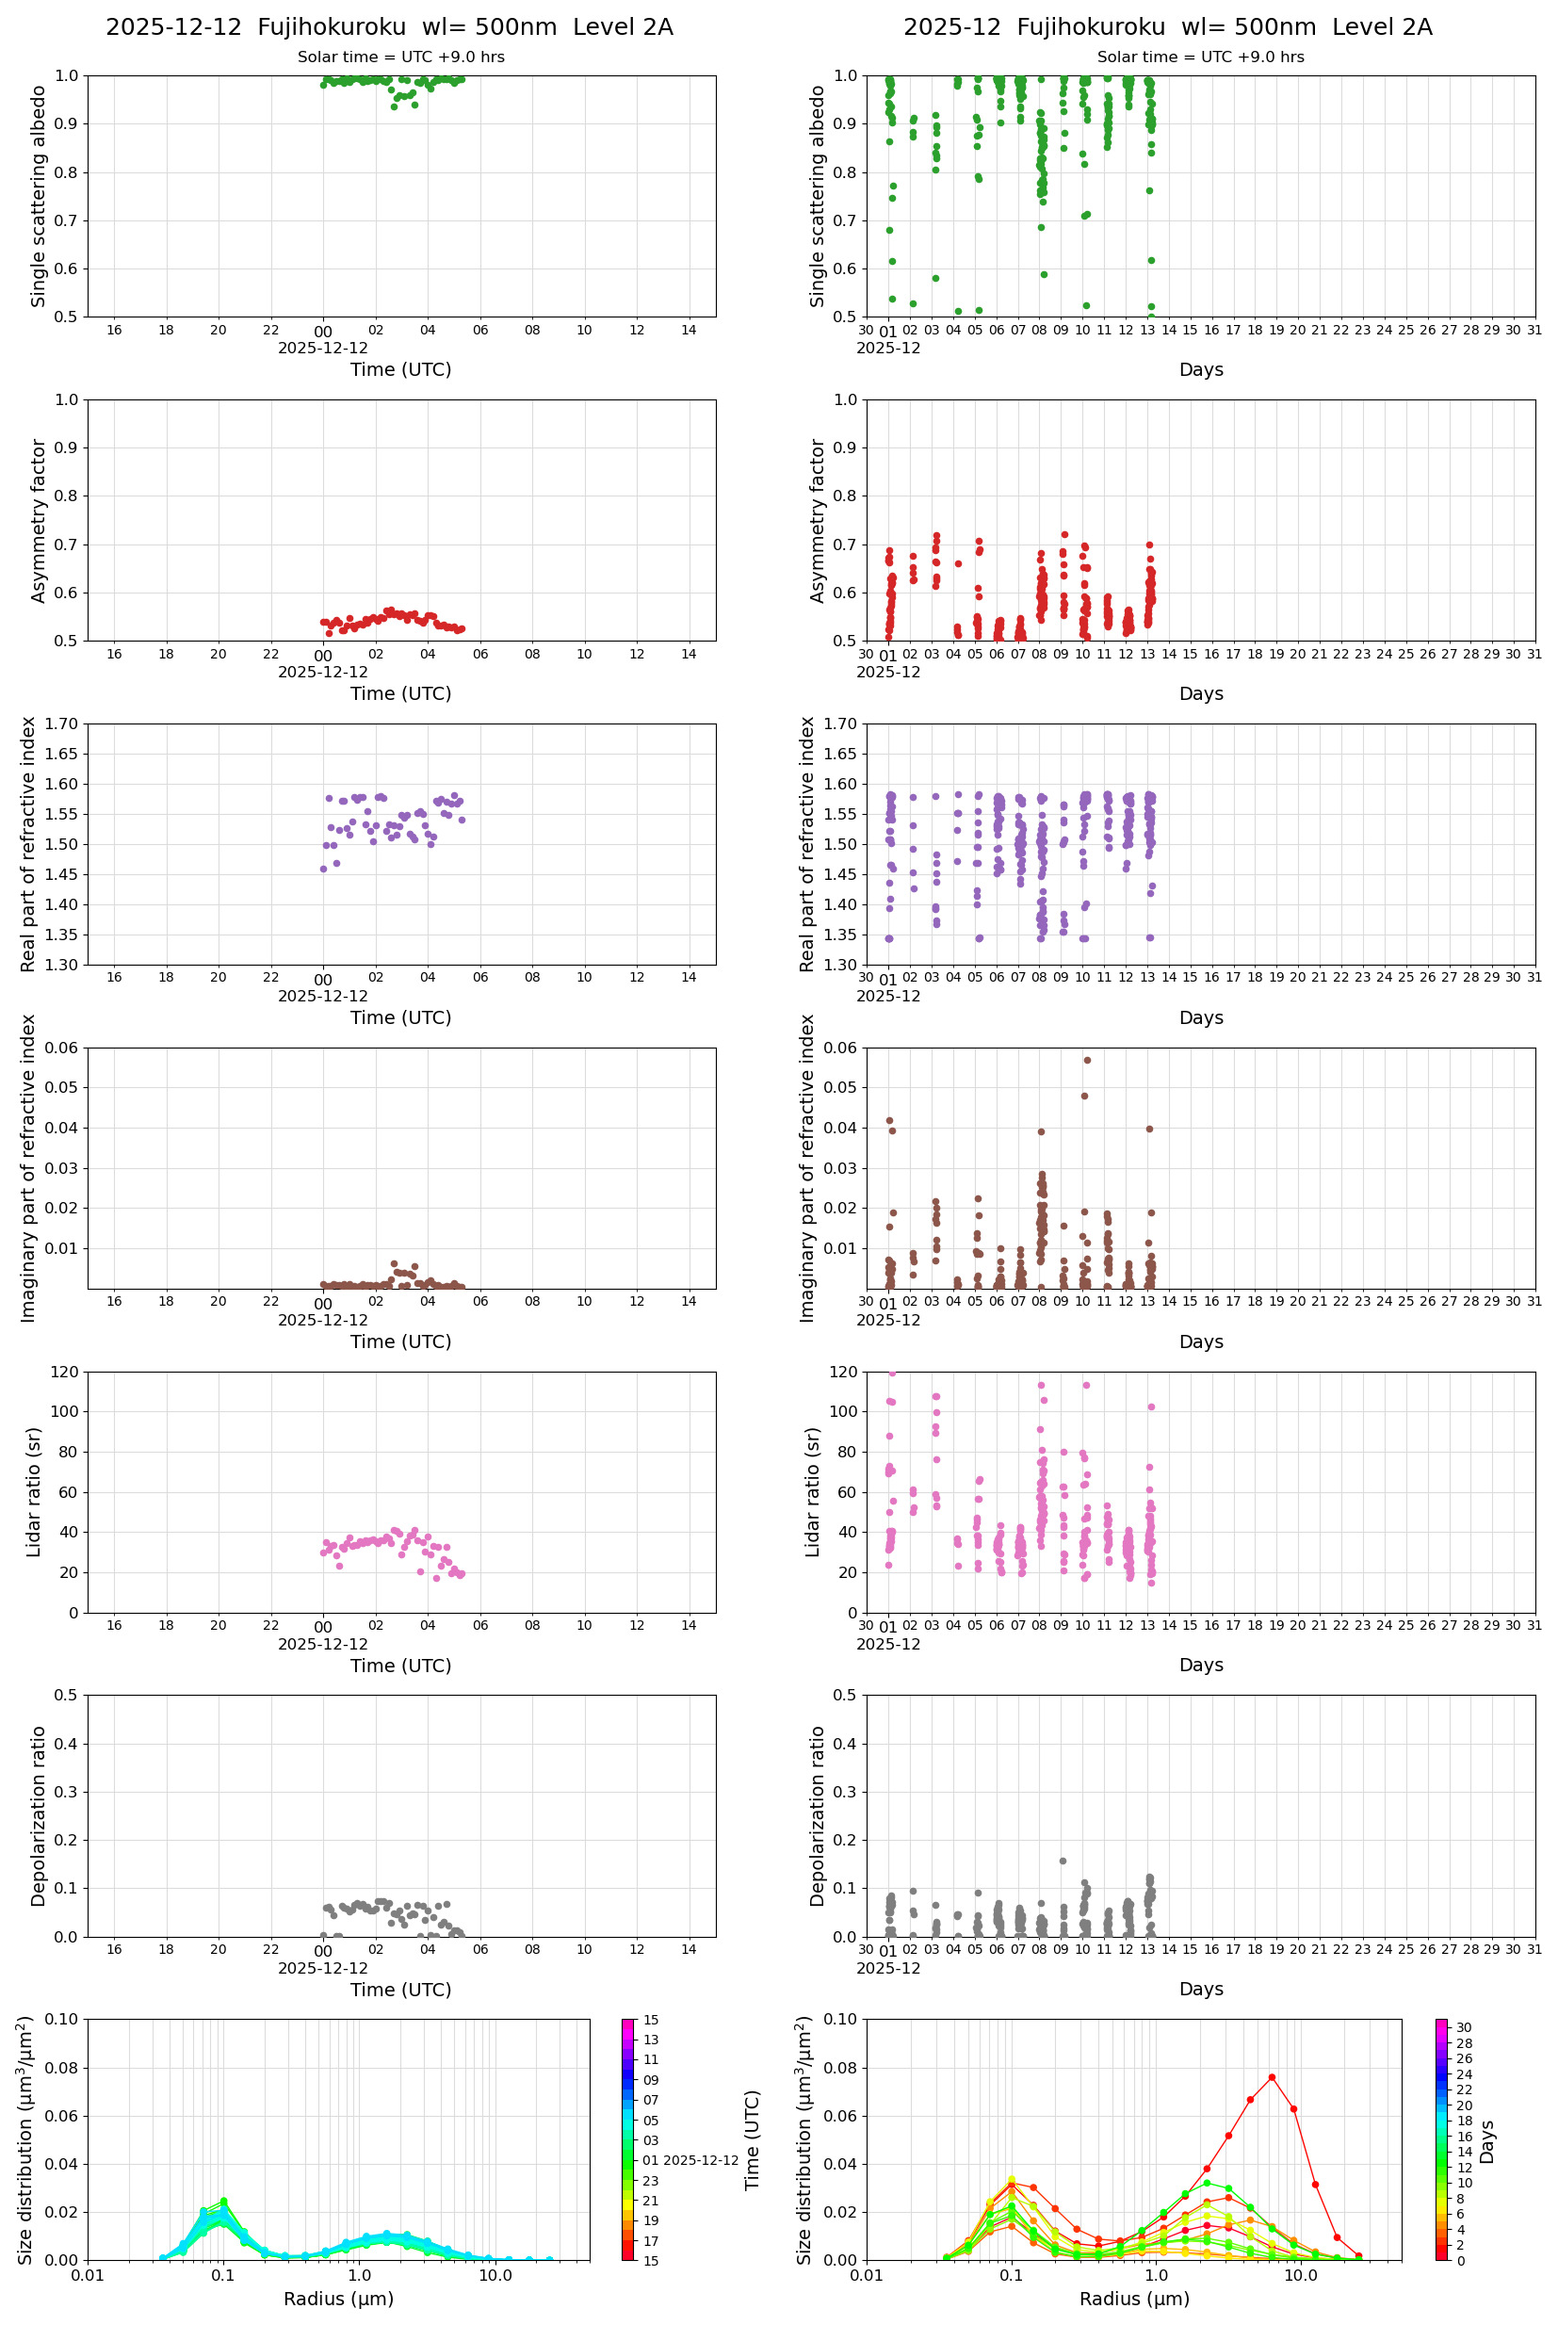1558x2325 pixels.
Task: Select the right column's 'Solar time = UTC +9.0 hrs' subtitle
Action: (x=1200, y=57)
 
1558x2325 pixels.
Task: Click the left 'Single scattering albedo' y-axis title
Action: (x=39, y=196)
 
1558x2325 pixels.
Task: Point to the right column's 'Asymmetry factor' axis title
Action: (x=818, y=521)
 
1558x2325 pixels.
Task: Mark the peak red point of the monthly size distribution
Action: (x=1271, y=2077)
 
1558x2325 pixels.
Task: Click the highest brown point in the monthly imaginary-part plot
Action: (x=1087, y=1060)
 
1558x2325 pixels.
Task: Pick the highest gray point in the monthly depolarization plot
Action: (x=1063, y=1861)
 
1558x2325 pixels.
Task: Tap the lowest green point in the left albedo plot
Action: (x=394, y=106)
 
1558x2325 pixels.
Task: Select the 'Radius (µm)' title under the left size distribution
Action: (x=339, y=2299)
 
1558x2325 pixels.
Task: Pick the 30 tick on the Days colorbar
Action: (x=1464, y=2028)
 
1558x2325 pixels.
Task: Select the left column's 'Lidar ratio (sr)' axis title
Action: (x=34, y=1491)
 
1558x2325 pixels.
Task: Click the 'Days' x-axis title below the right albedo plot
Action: (x=1200, y=369)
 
